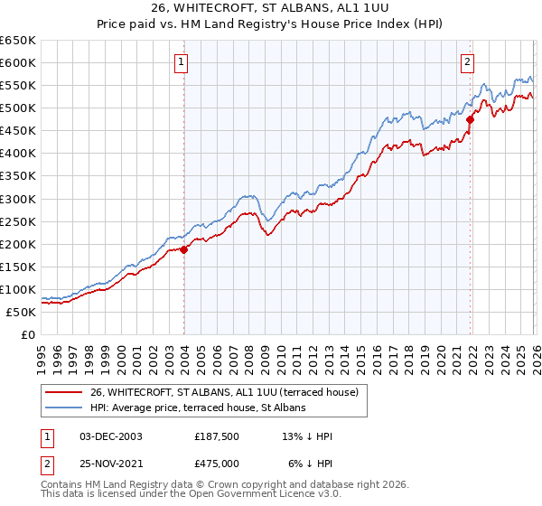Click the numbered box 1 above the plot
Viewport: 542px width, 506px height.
click(x=182, y=62)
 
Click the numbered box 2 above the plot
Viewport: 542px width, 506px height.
click(x=467, y=62)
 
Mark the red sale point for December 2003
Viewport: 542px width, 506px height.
click(x=183, y=249)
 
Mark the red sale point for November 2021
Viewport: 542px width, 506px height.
click(x=470, y=119)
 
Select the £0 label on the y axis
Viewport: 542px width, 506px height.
click(x=27, y=334)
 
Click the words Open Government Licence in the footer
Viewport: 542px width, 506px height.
click(x=265, y=495)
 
